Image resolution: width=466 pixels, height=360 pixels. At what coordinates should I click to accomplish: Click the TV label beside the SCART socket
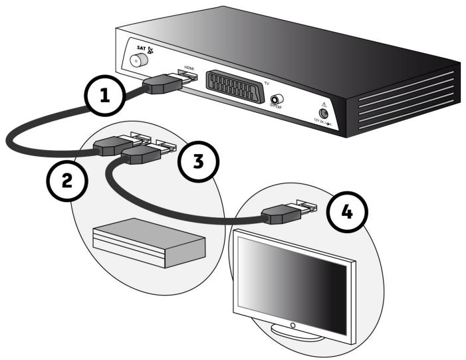coord(267,83)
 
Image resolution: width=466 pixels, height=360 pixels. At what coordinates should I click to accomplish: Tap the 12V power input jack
coord(325,111)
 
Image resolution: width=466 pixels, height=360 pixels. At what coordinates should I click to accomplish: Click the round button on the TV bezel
coord(292,325)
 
